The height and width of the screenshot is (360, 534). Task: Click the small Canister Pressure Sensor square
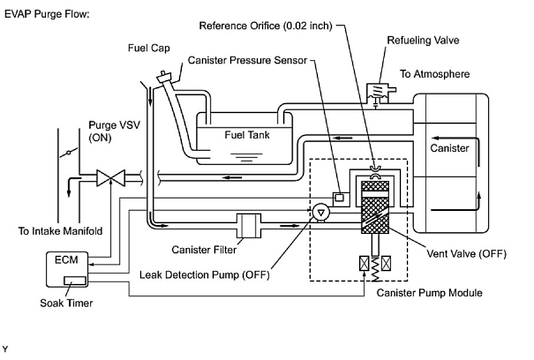point(339,197)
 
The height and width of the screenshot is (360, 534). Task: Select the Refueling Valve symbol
point(377,92)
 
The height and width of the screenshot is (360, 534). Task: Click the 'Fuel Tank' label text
point(247,135)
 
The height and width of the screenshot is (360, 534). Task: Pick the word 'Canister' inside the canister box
point(450,148)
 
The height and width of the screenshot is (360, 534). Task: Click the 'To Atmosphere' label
point(435,74)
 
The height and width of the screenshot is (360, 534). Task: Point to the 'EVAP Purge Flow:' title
point(47,14)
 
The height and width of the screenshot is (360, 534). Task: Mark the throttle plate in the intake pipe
point(68,153)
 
